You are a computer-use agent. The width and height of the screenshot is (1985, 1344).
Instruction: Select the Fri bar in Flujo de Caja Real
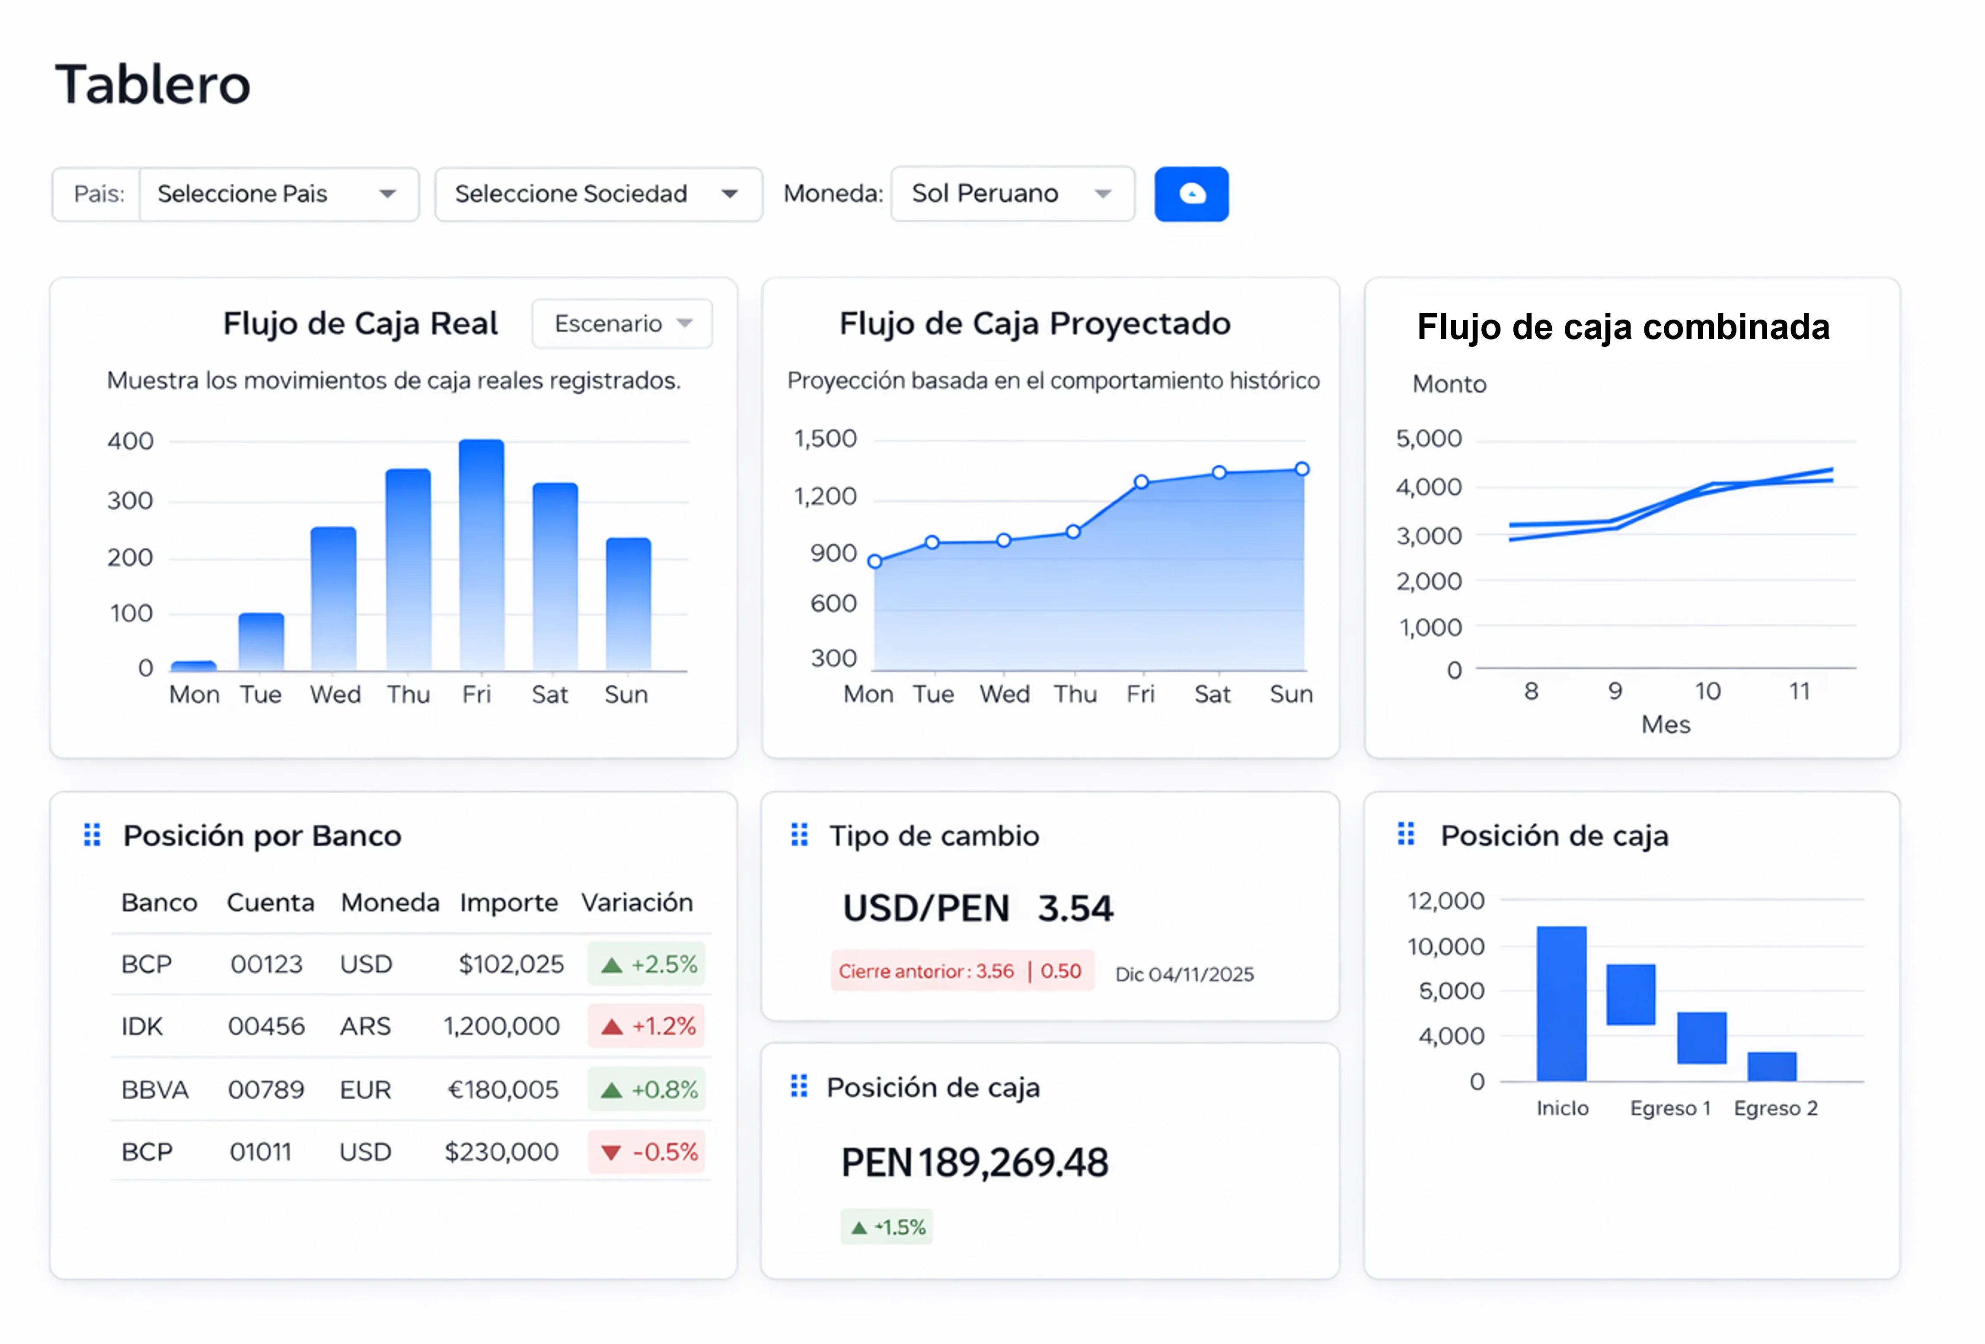[481, 555]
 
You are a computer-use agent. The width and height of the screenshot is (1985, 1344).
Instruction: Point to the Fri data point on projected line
[1141, 482]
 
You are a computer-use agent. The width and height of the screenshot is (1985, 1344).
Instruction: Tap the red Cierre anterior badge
[961, 972]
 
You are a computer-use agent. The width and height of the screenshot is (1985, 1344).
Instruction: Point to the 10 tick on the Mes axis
[1707, 691]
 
